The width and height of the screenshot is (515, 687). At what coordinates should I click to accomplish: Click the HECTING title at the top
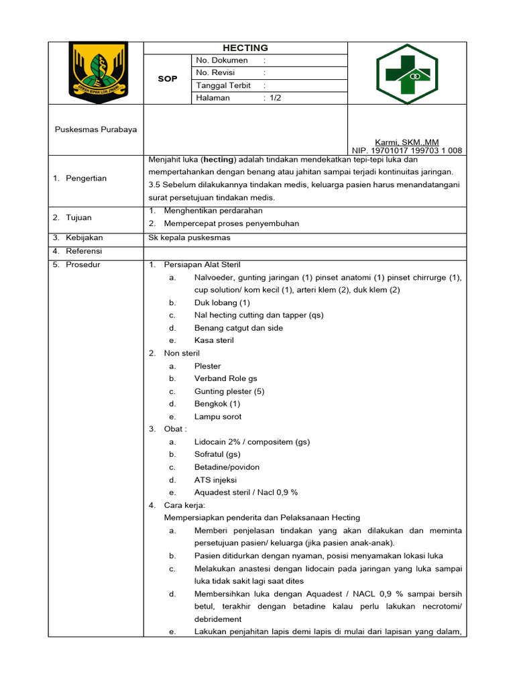tap(245, 48)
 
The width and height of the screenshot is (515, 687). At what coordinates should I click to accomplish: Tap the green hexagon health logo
tap(406, 72)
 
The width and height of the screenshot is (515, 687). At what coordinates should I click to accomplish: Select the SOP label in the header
tap(168, 79)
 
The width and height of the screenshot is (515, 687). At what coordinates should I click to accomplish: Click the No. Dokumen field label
tap(221, 60)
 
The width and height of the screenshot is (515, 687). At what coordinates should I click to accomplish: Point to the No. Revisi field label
tap(218, 72)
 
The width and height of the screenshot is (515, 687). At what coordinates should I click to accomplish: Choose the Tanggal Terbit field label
tap(223, 85)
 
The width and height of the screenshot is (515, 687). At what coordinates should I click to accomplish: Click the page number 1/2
tap(275, 98)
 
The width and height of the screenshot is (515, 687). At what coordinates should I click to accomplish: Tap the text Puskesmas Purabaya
tap(95, 129)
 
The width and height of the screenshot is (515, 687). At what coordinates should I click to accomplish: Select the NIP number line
tap(407, 151)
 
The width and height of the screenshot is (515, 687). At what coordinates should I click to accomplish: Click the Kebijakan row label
tap(84, 237)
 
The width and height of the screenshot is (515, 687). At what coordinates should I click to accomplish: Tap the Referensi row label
tap(84, 251)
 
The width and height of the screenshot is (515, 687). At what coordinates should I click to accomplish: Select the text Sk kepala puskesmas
tap(189, 237)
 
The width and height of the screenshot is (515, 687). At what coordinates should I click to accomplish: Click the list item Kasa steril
tap(214, 341)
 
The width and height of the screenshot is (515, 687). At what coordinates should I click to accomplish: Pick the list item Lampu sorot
tap(217, 417)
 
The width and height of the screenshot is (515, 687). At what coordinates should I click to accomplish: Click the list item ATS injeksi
tap(215, 480)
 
